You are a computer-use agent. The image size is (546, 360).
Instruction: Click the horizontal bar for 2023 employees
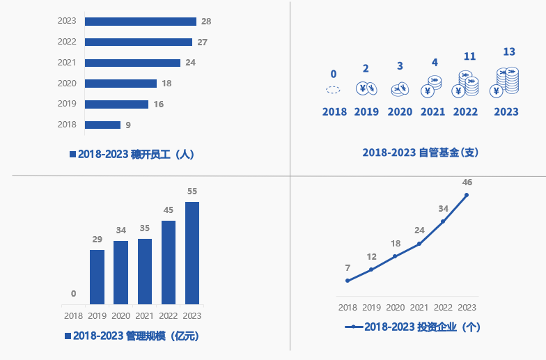[x=140, y=22]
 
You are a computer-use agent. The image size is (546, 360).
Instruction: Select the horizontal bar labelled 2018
[x=102, y=125]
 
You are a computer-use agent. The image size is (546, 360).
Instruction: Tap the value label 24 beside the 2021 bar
[x=190, y=63]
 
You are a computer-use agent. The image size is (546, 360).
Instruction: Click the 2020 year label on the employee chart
[x=67, y=84]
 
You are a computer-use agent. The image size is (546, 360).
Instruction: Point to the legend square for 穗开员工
[x=72, y=155]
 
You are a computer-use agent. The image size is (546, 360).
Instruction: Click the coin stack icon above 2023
[x=506, y=81]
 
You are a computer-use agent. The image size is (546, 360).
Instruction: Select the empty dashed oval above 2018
[x=334, y=90]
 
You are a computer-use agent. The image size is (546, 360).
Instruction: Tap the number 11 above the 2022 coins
[x=469, y=56]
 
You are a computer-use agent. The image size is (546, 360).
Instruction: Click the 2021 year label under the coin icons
[x=432, y=111]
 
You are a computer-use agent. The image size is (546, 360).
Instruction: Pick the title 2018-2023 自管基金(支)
[x=420, y=152]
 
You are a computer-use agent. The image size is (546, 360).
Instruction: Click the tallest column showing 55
[x=192, y=253]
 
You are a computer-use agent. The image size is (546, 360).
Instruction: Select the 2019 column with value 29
[x=97, y=276]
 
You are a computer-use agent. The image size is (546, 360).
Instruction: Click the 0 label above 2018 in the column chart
[x=73, y=294]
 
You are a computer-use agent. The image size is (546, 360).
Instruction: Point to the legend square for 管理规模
[x=68, y=336]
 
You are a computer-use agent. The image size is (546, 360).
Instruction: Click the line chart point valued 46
[x=467, y=195]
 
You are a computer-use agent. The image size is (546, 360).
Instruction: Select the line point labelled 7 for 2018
[x=348, y=281]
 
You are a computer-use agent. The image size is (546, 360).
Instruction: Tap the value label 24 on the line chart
[x=419, y=230]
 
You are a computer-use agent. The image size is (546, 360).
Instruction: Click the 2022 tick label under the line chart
[x=443, y=308]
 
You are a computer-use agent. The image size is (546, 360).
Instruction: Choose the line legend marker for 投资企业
[x=354, y=326]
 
